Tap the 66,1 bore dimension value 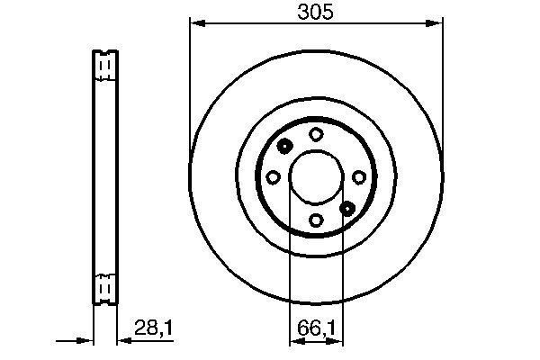pos(316,328)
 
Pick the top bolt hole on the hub pos(316,134)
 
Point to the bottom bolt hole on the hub pos(316,219)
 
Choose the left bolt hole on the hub pos(274,176)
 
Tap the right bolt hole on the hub pos(358,176)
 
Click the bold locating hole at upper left pos(284,147)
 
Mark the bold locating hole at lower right pos(347,208)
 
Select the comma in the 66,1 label pos(323,334)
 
